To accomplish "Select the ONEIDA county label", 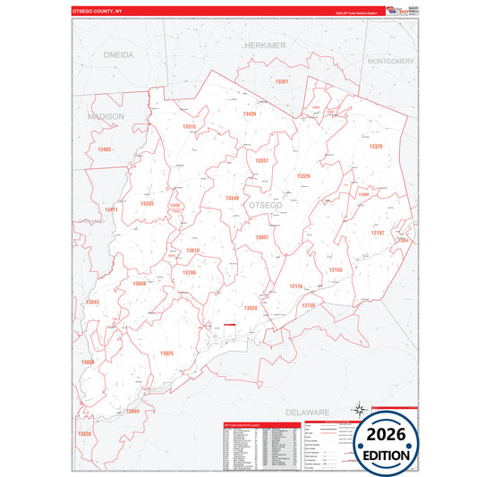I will [x=118, y=55].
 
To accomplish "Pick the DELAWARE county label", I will [x=308, y=411].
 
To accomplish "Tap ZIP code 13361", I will [x=283, y=81].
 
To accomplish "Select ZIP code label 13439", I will [x=249, y=114].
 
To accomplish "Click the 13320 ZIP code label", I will [x=375, y=146].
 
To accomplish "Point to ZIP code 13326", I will [x=303, y=176].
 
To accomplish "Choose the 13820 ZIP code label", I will [x=251, y=308].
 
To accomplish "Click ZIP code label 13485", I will [x=105, y=149].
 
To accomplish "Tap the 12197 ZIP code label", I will [x=377, y=233].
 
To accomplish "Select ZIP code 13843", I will [x=91, y=302].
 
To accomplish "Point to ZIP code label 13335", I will [x=147, y=204].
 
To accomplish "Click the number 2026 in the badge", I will [x=386, y=434].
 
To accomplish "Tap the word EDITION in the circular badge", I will [x=386, y=455].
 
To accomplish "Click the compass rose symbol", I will [x=358, y=409].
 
